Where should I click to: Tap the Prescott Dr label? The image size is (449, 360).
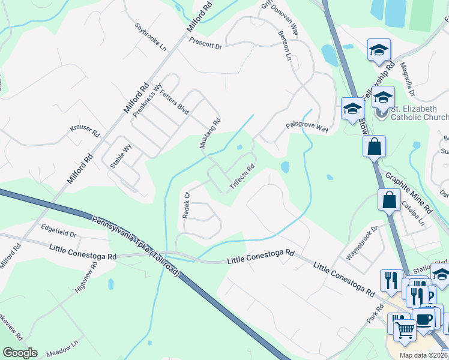tap(205, 43)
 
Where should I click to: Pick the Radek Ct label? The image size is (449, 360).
tap(186, 205)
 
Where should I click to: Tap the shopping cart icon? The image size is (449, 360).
tap(405, 329)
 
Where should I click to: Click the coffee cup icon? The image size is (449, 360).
tap(424, 319)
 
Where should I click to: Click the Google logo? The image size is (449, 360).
tap(20, 353)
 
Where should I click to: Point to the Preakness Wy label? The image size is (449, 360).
tap(148, 100)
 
